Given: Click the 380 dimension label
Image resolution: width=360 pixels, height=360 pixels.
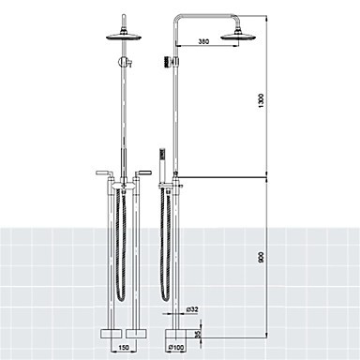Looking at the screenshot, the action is [x=203, y=41].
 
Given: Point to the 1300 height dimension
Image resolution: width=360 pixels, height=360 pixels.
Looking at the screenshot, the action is [x=262, y=100].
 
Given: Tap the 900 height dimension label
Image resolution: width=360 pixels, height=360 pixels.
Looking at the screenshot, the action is [x=262, y=257].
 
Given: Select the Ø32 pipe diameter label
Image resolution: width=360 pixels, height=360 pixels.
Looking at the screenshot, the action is [x=192, y=309].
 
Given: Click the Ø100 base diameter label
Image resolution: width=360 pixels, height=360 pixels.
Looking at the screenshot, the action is [x=176, y=347].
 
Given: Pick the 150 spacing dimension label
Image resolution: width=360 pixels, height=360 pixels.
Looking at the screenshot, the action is [x=124, y=347].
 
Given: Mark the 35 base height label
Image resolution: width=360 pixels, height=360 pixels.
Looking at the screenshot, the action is [x=197, y=335].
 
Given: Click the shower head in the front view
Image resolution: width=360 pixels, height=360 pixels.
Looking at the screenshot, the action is [x=124, y=36].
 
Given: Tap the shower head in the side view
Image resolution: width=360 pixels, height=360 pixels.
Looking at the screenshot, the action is [x=237, y=36].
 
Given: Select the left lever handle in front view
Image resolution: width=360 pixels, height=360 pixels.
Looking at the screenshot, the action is [x=102, y=172].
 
